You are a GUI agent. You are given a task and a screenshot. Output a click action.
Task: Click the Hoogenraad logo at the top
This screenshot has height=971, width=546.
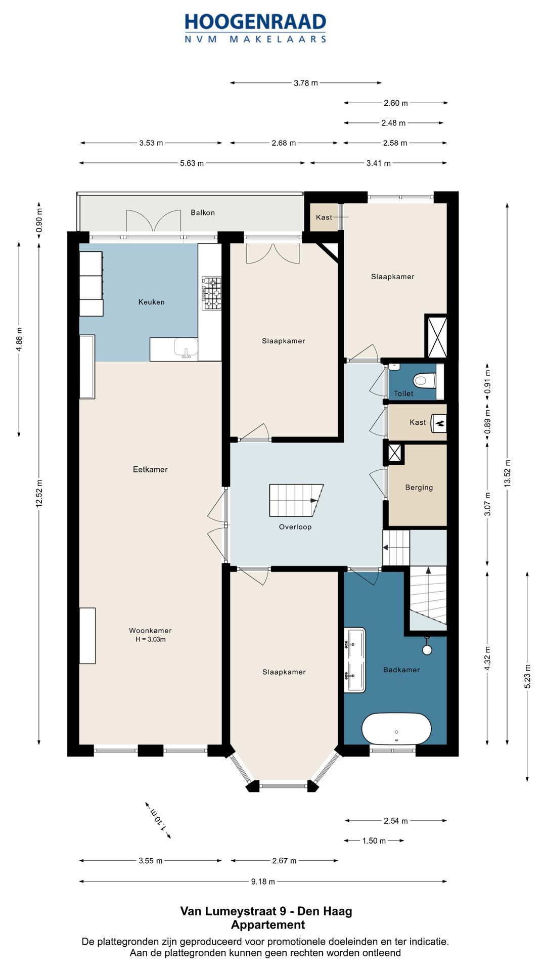pyautogui.click(x=255, y=28)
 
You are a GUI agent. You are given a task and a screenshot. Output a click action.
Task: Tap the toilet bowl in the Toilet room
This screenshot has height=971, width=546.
pyautogui.click(x=424, y=379)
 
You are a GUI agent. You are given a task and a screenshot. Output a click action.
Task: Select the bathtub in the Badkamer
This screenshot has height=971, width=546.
pyautogui.click(x=396, y=729)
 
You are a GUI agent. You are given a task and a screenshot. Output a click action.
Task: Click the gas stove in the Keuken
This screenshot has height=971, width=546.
pyautogui.click(x=212, y=293)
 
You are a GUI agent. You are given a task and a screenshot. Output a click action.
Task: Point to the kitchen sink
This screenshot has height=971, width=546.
pyautogui.click(x=186, y=348)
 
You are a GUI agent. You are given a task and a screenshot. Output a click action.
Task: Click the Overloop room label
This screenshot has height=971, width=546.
pyautogui.click(x=295, y=527)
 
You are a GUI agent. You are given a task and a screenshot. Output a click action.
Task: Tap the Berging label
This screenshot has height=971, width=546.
pyautogui.click(x=419, y=488)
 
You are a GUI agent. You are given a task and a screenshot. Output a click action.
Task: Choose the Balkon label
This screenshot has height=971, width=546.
pyautogui.click(x=203, y=212)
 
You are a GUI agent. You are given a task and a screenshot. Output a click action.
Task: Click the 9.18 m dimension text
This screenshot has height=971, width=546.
pyautogui.click(x=263, y=881)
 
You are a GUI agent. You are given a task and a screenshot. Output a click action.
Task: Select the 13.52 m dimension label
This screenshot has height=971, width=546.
pyautogui.click(x=508, y=473)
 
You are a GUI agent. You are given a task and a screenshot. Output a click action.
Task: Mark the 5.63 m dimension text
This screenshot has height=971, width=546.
pyautogui.click(x=192, y=163)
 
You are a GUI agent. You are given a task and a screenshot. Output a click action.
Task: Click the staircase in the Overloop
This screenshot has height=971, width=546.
pyautogui.click(x=296, y=500)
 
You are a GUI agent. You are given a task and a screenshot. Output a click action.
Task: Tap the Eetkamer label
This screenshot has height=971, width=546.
pyautogui.click(x=150, y=469)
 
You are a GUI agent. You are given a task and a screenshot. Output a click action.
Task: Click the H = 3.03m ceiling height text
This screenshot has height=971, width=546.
pyautogui.click(x=151, y=639)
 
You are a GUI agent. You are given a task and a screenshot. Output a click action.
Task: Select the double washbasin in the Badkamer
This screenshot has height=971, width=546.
pyautogui.click(x=354, y=660)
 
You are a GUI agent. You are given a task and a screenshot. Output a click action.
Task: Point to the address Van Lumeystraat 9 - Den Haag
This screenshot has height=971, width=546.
pyautogui.click(x=266, y=911)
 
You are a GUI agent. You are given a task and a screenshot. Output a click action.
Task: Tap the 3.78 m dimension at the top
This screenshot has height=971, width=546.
pyautogui.click(x=306, y=83)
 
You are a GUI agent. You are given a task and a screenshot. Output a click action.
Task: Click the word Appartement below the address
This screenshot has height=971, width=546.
pyautogui.click(x=268, y=925)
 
